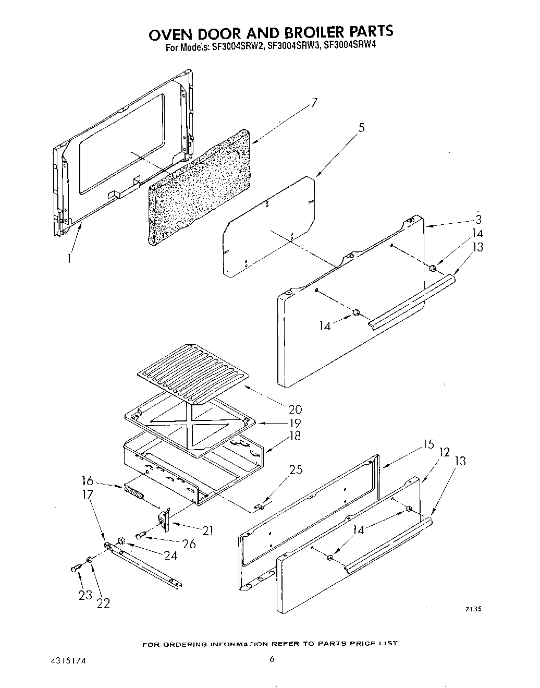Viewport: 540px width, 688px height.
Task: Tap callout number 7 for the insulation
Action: (x=314, y=103)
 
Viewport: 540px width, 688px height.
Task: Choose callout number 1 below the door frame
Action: (x=69, y=258)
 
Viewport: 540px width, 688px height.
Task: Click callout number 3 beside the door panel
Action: (x=478, y=220)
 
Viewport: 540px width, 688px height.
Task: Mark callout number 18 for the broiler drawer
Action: (x=295, y=436)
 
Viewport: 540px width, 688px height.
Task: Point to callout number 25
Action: (x=296, y=469)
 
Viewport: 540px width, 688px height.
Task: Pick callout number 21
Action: (x=208, y=531)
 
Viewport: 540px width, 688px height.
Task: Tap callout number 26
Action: (x=189, y=544)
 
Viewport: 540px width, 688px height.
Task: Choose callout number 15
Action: (x=428, y=445)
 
